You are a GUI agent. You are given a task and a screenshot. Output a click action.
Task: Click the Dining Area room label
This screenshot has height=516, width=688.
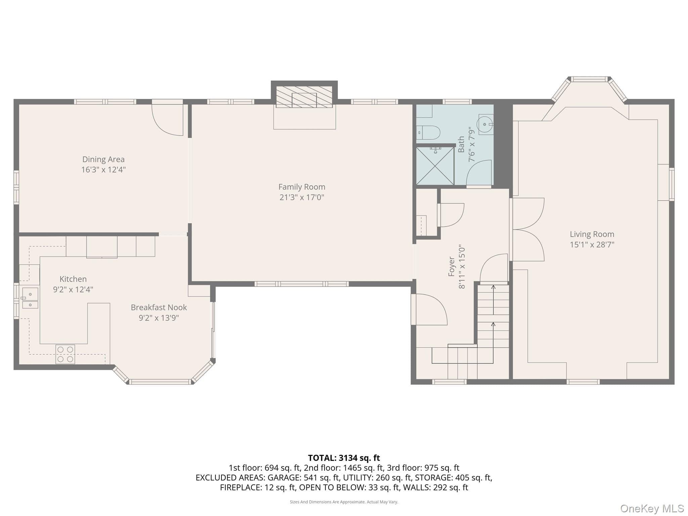tap(103, 159)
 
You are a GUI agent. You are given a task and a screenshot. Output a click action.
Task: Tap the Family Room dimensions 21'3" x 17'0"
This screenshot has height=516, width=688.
tap(302, 197)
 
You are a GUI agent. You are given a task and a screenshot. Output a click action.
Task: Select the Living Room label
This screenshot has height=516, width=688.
tap(592, 234)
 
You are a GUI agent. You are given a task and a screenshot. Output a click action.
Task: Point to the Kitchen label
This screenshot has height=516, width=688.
tap(73, 279)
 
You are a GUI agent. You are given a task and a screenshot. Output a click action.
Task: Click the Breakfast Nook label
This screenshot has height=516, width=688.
tap(159, 307)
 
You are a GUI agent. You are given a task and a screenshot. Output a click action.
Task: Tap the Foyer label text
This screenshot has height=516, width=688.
tap(452, 266)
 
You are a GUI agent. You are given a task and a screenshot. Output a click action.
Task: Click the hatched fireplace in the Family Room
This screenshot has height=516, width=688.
tap(304, 97)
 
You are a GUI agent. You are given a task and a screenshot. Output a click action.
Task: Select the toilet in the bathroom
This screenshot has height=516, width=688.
tap(428, 133)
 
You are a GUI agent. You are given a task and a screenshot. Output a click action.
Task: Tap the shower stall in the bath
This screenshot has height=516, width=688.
tap(435, 166)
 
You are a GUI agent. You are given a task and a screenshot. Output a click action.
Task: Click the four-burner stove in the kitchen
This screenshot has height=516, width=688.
tap(65, 354)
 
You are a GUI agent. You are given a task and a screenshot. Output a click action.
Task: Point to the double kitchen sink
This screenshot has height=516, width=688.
tap(30, 298)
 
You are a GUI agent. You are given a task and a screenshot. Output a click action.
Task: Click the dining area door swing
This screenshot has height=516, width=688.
tap(167, 120)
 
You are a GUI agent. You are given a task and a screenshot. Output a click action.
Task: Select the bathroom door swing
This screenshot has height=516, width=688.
tap(479, 173)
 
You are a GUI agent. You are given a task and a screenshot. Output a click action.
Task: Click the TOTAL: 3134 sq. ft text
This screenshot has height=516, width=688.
tap(344, 458)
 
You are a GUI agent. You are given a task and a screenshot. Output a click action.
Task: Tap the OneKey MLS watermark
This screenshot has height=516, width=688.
tap(652, 509)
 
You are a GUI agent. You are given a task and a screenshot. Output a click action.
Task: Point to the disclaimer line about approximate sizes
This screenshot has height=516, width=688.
tap(344, 502)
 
